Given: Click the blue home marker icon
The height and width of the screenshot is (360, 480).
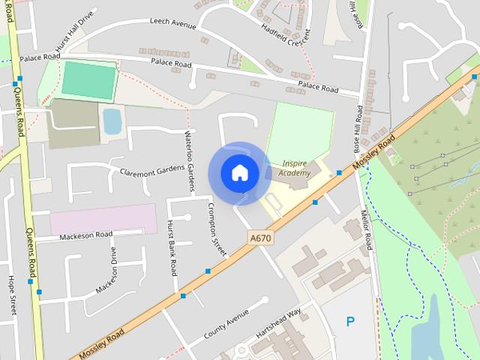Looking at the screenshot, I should coord(239,172).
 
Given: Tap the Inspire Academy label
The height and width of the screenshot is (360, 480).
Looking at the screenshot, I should coord(294,168).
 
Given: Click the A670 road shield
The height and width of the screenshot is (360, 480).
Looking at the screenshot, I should coord(259,238).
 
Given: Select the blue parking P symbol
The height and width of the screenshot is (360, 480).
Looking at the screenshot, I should coord(350,321).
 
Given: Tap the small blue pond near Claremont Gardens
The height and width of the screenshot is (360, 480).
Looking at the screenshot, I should coord(112,121).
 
